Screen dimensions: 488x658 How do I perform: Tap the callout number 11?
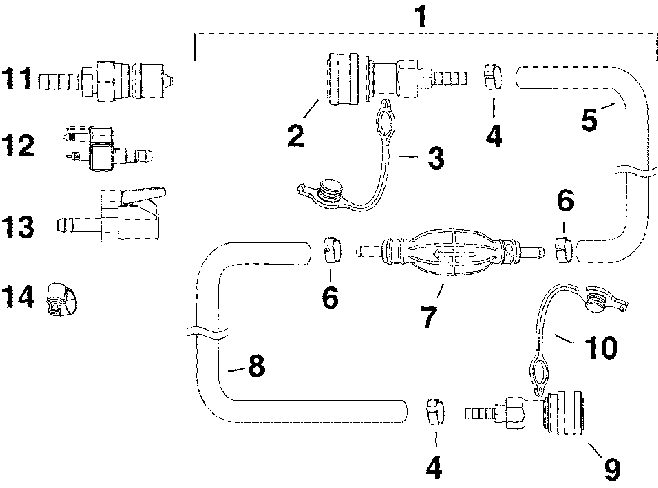[x=16, y=79]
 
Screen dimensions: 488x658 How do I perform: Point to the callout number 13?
[x=18, y=227]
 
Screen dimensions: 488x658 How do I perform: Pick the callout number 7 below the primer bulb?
[x=429, y=317]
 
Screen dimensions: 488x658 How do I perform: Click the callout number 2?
[x=296, y=136]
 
